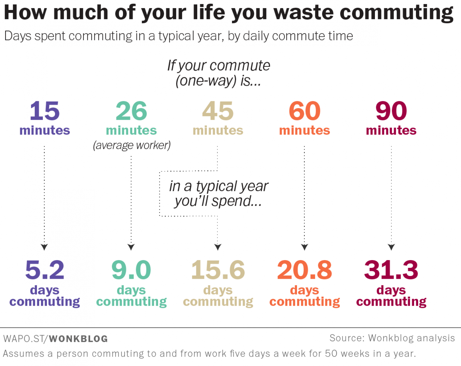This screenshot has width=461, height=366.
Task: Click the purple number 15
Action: [x=45, y=111]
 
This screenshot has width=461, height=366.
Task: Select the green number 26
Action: [x=131, y=111]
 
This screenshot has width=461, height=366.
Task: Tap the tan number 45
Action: [x=218, y=111]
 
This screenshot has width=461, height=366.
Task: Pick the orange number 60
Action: [x=304, y=111]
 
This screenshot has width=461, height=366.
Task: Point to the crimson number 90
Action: [x=391, y=111]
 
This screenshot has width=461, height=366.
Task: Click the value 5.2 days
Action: [x=45, y=270]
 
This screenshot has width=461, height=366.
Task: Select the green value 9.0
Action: [x=131, y=270]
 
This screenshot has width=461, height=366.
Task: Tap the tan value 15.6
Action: [x=218, y=270]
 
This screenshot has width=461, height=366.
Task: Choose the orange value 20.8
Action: [x=304, y=270]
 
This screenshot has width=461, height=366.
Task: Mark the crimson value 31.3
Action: [x=391, y=270]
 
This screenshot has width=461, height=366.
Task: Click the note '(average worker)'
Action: [x=132, y=145]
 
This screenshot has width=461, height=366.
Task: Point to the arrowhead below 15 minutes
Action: [x=44, y=247]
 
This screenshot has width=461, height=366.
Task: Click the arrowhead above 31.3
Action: [x=391, y=247]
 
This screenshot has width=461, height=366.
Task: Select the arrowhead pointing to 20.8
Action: [x=304, y=247]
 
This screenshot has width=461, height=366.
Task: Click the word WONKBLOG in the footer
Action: [x=78, y=339]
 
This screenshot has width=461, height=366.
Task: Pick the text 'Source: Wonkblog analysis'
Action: [x=392, y=338]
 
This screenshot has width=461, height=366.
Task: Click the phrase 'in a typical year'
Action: [x=219, y=186]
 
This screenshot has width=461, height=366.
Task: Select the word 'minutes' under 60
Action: [x=304, y=130]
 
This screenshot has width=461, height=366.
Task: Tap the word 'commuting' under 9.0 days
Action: [x=131, y=302]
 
